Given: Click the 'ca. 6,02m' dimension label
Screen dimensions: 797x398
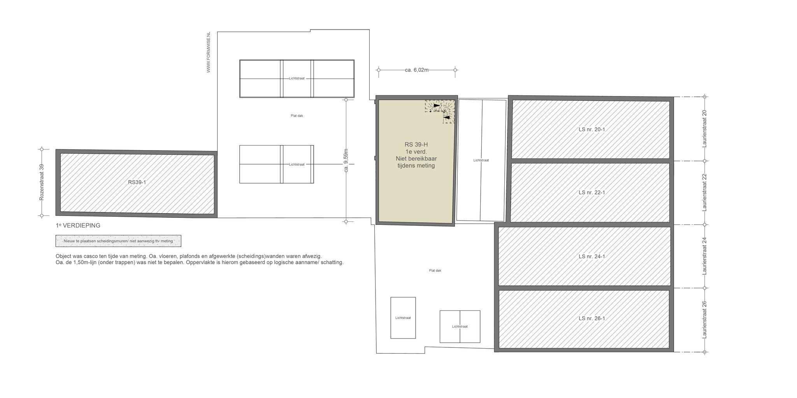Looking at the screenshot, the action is [416, 70].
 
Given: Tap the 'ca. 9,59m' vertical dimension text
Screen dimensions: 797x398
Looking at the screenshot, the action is [346, 161].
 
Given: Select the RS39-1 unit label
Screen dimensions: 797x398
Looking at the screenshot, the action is [137, 182].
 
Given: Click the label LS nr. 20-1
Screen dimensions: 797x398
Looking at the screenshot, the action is [592, 130].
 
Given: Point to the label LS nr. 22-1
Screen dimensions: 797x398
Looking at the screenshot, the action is [592, 192].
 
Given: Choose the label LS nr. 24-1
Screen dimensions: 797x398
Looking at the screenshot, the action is [592, 256].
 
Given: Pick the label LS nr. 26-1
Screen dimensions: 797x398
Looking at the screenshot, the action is [592, 318].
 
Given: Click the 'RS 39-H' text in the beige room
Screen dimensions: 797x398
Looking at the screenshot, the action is [416, 145].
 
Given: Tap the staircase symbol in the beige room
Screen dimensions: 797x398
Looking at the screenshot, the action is [440, 111].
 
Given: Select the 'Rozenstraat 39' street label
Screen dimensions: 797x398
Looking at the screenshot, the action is [42, 182].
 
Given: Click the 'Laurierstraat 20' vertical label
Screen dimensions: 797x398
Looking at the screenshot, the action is [704, 128].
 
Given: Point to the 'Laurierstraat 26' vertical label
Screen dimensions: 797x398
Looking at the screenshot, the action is [704, 320].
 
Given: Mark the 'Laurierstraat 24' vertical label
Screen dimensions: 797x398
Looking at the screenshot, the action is [704, 256].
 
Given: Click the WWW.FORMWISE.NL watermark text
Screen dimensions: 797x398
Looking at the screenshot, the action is [209, 52].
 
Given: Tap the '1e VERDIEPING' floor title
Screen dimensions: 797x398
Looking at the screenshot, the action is [78, 225].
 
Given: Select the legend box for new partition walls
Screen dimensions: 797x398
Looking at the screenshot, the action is [118, 241].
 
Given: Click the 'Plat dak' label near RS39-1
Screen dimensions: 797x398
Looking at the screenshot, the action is [297, 116].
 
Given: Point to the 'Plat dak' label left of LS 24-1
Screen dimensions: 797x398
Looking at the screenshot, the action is [435, 270].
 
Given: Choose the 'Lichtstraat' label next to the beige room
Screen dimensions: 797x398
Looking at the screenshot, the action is [481, 160].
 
